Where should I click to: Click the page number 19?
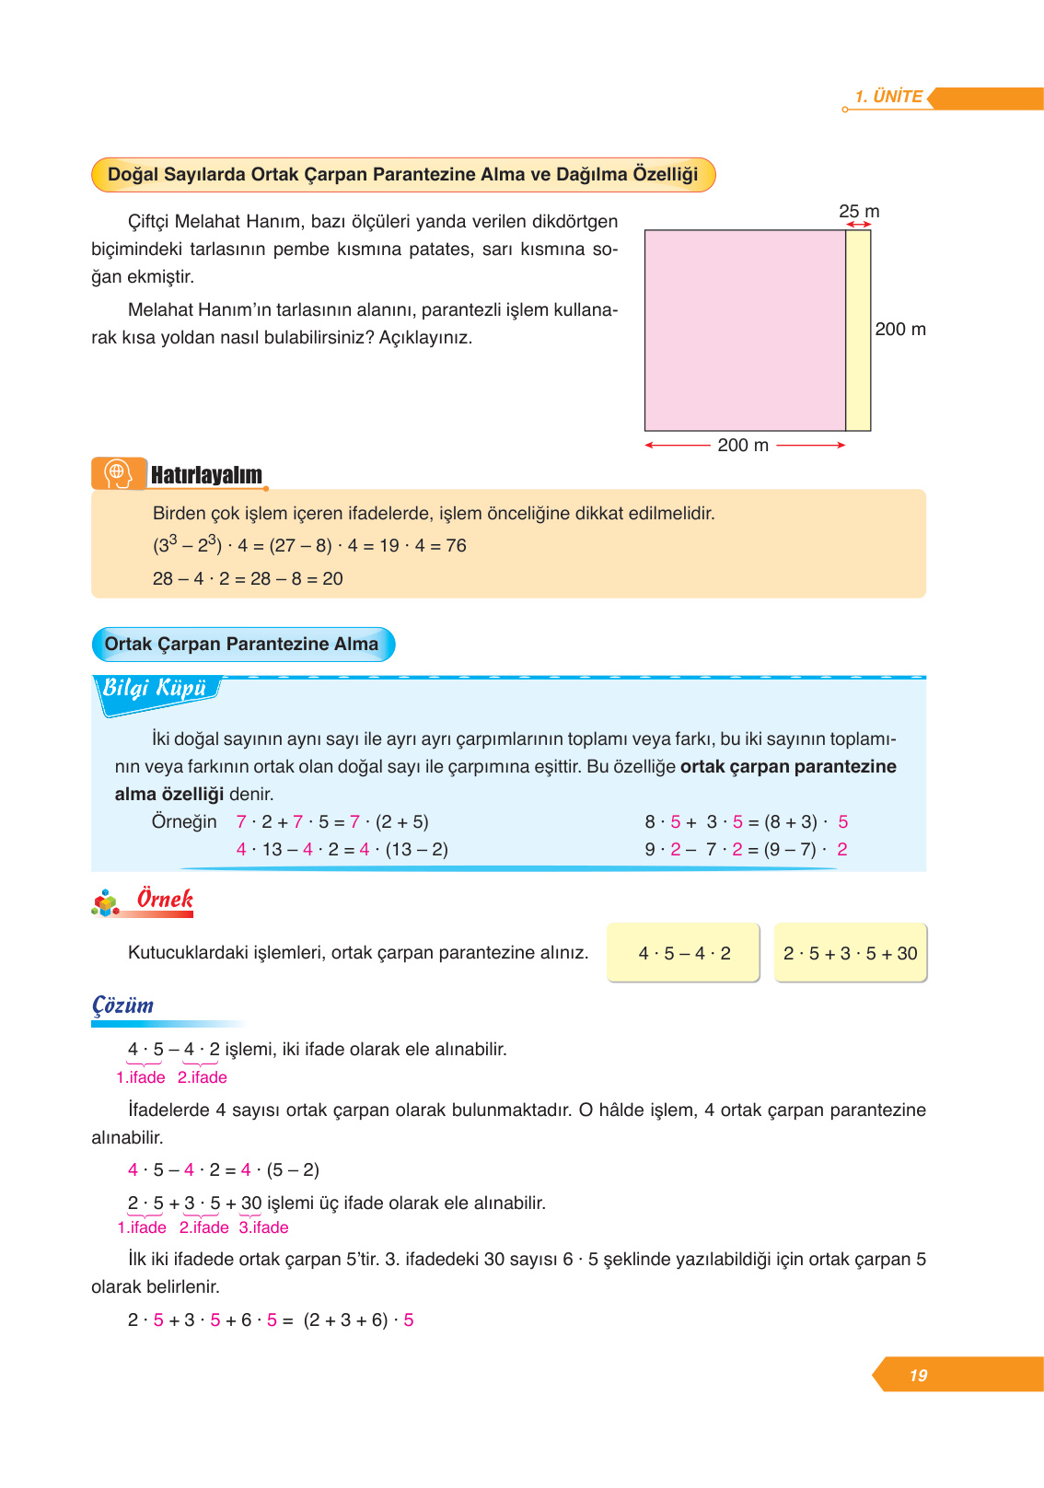[x=918, y=1376]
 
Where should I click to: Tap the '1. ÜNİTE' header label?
[x=888, y=97]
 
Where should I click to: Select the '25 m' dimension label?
[x=859, y=212]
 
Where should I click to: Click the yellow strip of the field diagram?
[x=858, y=331]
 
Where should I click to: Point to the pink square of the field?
[x=745, y=331]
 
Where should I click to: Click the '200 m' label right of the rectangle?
[x=900, y=330]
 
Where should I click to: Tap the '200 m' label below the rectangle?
[x=743, y=446]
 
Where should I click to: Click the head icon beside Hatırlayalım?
[x=118, y=473]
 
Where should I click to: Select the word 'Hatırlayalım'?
[x=206, y=475]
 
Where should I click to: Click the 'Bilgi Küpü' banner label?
[x=155, y=689]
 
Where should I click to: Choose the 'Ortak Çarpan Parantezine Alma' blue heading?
[x=242, y=645]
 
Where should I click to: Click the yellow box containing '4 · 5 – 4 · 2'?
[x=683, y=953]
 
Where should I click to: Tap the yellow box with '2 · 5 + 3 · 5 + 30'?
[x=850, y=953]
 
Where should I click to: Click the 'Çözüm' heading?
[x=122, y=1006]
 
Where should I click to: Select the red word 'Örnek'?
[x=165, y=899]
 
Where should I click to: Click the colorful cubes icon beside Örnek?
[x=106, y=903]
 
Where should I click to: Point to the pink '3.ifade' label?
[x=264, y=1227]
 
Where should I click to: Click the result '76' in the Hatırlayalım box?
[x=456, y=546]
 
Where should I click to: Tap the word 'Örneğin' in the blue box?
[x=184, y=822]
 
